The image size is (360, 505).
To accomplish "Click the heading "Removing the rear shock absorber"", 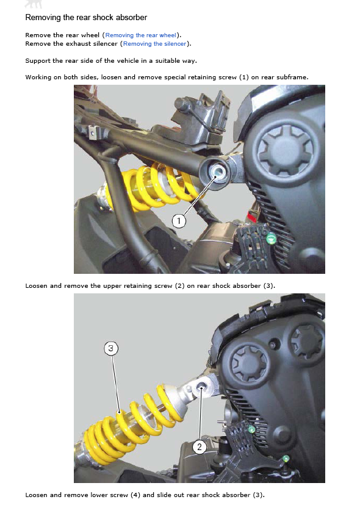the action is pos(86,18).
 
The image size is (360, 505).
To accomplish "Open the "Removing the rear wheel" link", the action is pos(140,35).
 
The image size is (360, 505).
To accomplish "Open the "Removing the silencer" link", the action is pos(155,44).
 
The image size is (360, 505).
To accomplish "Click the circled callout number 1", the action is pos(179,221).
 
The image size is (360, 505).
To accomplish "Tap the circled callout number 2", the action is pos(200,447).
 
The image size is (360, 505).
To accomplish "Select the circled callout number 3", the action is pos(111,348).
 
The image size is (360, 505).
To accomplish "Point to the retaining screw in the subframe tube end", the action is pos(216,171).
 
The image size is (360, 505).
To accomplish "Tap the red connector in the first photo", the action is pos(252,216).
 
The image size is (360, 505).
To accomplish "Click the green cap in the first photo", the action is pos(271,238).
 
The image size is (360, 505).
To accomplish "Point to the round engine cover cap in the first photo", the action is pos(285,151).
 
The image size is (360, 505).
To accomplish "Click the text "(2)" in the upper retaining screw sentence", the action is pos(179,286).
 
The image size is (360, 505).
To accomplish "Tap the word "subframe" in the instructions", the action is pos(293,77).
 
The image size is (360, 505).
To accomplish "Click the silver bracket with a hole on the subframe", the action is pos(93,132).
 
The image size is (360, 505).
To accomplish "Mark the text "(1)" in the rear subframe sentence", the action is pos(244,77).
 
